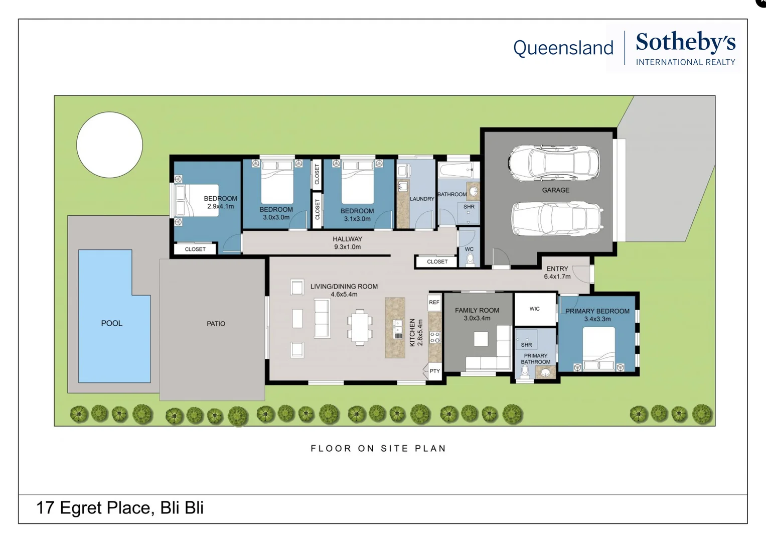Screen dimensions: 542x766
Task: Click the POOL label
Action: pyautogui.click(x=111, y=323)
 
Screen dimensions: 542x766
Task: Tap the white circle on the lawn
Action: pyautogui.click(x=109, y=145)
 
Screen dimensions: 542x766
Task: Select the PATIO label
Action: pyautogui.click(x=216, y=324)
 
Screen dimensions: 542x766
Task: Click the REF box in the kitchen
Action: pyautogui.click(x=434, y=302)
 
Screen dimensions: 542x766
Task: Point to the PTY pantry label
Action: pyautogui.click(x=434, y=371)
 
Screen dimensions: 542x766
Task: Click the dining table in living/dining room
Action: pyautogui.click(x=359, y=327)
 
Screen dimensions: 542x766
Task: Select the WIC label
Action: pyautogui.click(x=535, y=309)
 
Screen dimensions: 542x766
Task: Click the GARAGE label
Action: pyautogui.click(x=556, y=190)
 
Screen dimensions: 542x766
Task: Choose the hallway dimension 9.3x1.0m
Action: pyautogui.click(x=347, y=247)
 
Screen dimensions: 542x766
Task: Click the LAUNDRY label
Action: pyautogui.click(x=422, y=199)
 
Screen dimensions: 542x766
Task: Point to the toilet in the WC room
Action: pyautogui.click(x=470, y=259)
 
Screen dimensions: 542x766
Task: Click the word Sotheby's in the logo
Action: pyautogui.click(x=685, y=42)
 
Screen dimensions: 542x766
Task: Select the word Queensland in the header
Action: pyautogui.click(x=563, y=48)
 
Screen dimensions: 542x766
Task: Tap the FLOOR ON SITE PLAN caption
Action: pyautogui.click(x=378, y=448)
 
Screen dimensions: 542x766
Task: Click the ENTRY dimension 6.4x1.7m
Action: pyautogui.click(x=557, y=277)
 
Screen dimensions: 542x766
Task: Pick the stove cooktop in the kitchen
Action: pyautogui.click(x=435, y=337)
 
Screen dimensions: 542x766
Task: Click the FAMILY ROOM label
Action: pyautogui.click(x=477, y=310)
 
